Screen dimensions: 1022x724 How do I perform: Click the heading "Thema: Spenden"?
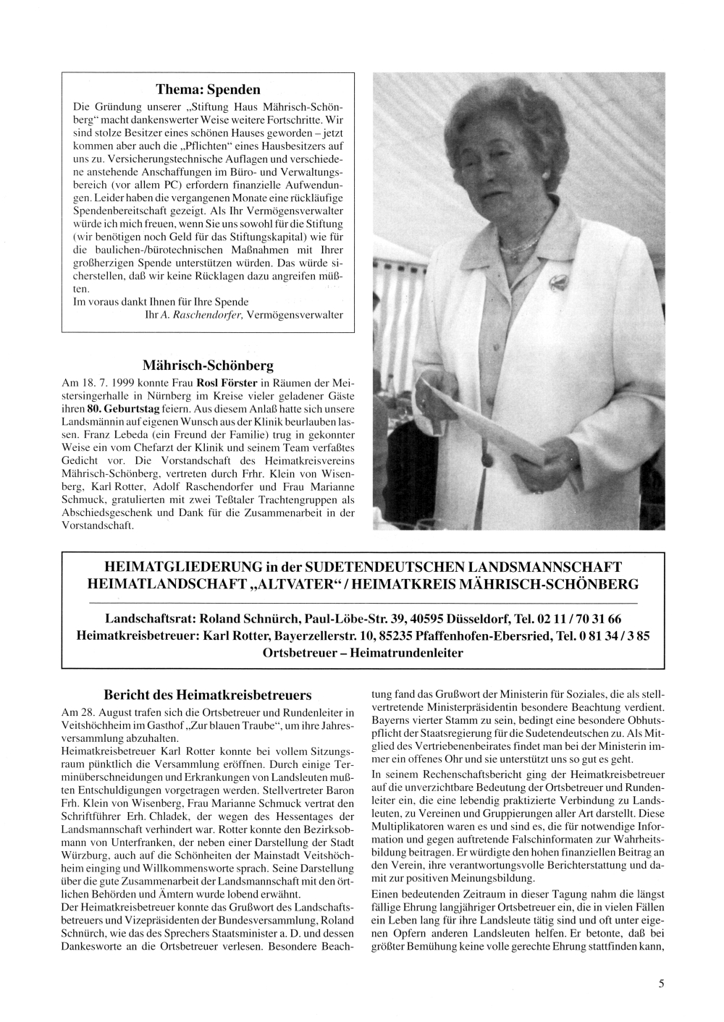[208, 90]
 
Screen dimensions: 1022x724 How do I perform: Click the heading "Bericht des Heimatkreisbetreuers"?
[208, 693]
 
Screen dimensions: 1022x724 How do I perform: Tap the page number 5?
[661, 983]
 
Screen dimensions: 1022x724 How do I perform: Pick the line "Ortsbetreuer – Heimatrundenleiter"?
[363, 652]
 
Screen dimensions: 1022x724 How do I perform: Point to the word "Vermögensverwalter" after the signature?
[295, 315]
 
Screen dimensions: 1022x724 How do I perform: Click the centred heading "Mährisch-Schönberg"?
[208, 366]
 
